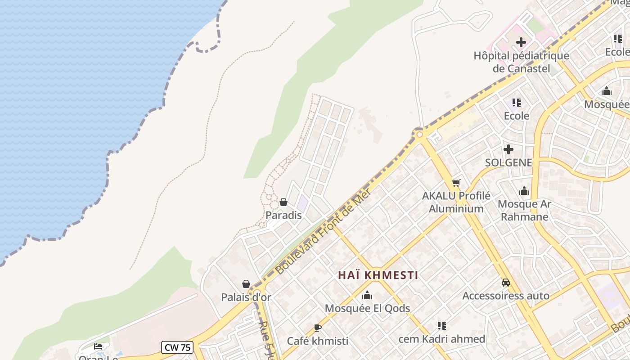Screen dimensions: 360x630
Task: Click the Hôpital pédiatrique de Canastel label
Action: (521, 62)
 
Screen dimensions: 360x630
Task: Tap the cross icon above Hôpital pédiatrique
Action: (521, 43)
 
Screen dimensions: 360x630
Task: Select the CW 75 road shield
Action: (178, 347)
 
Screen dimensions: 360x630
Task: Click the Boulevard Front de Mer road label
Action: (323, 231)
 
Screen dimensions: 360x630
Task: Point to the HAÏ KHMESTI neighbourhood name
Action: (378, 275)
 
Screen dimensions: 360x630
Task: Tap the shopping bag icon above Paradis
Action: (283, 202)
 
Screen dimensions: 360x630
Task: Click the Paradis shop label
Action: (283, 215)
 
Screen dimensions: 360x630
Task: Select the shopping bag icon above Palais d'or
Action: (246, 284)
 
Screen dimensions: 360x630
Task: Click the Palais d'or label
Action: (246, 297)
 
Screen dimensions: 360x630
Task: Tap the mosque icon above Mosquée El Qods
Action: (367, 296)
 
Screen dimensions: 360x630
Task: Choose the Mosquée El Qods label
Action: (367, 308)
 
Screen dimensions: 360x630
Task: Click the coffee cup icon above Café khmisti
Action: (318, 328)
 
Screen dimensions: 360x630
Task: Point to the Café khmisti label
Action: (318, 341)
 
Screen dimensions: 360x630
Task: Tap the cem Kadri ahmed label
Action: (442, 339)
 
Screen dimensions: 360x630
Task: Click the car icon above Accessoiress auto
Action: (506, 283)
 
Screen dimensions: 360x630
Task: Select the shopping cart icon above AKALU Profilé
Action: (456, 183)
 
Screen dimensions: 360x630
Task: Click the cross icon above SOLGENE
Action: (508, 149)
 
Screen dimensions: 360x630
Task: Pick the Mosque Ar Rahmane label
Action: (524, 210)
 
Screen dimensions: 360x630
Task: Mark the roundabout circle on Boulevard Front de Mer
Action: (419, 134)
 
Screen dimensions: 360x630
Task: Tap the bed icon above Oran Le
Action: (98, 346)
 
